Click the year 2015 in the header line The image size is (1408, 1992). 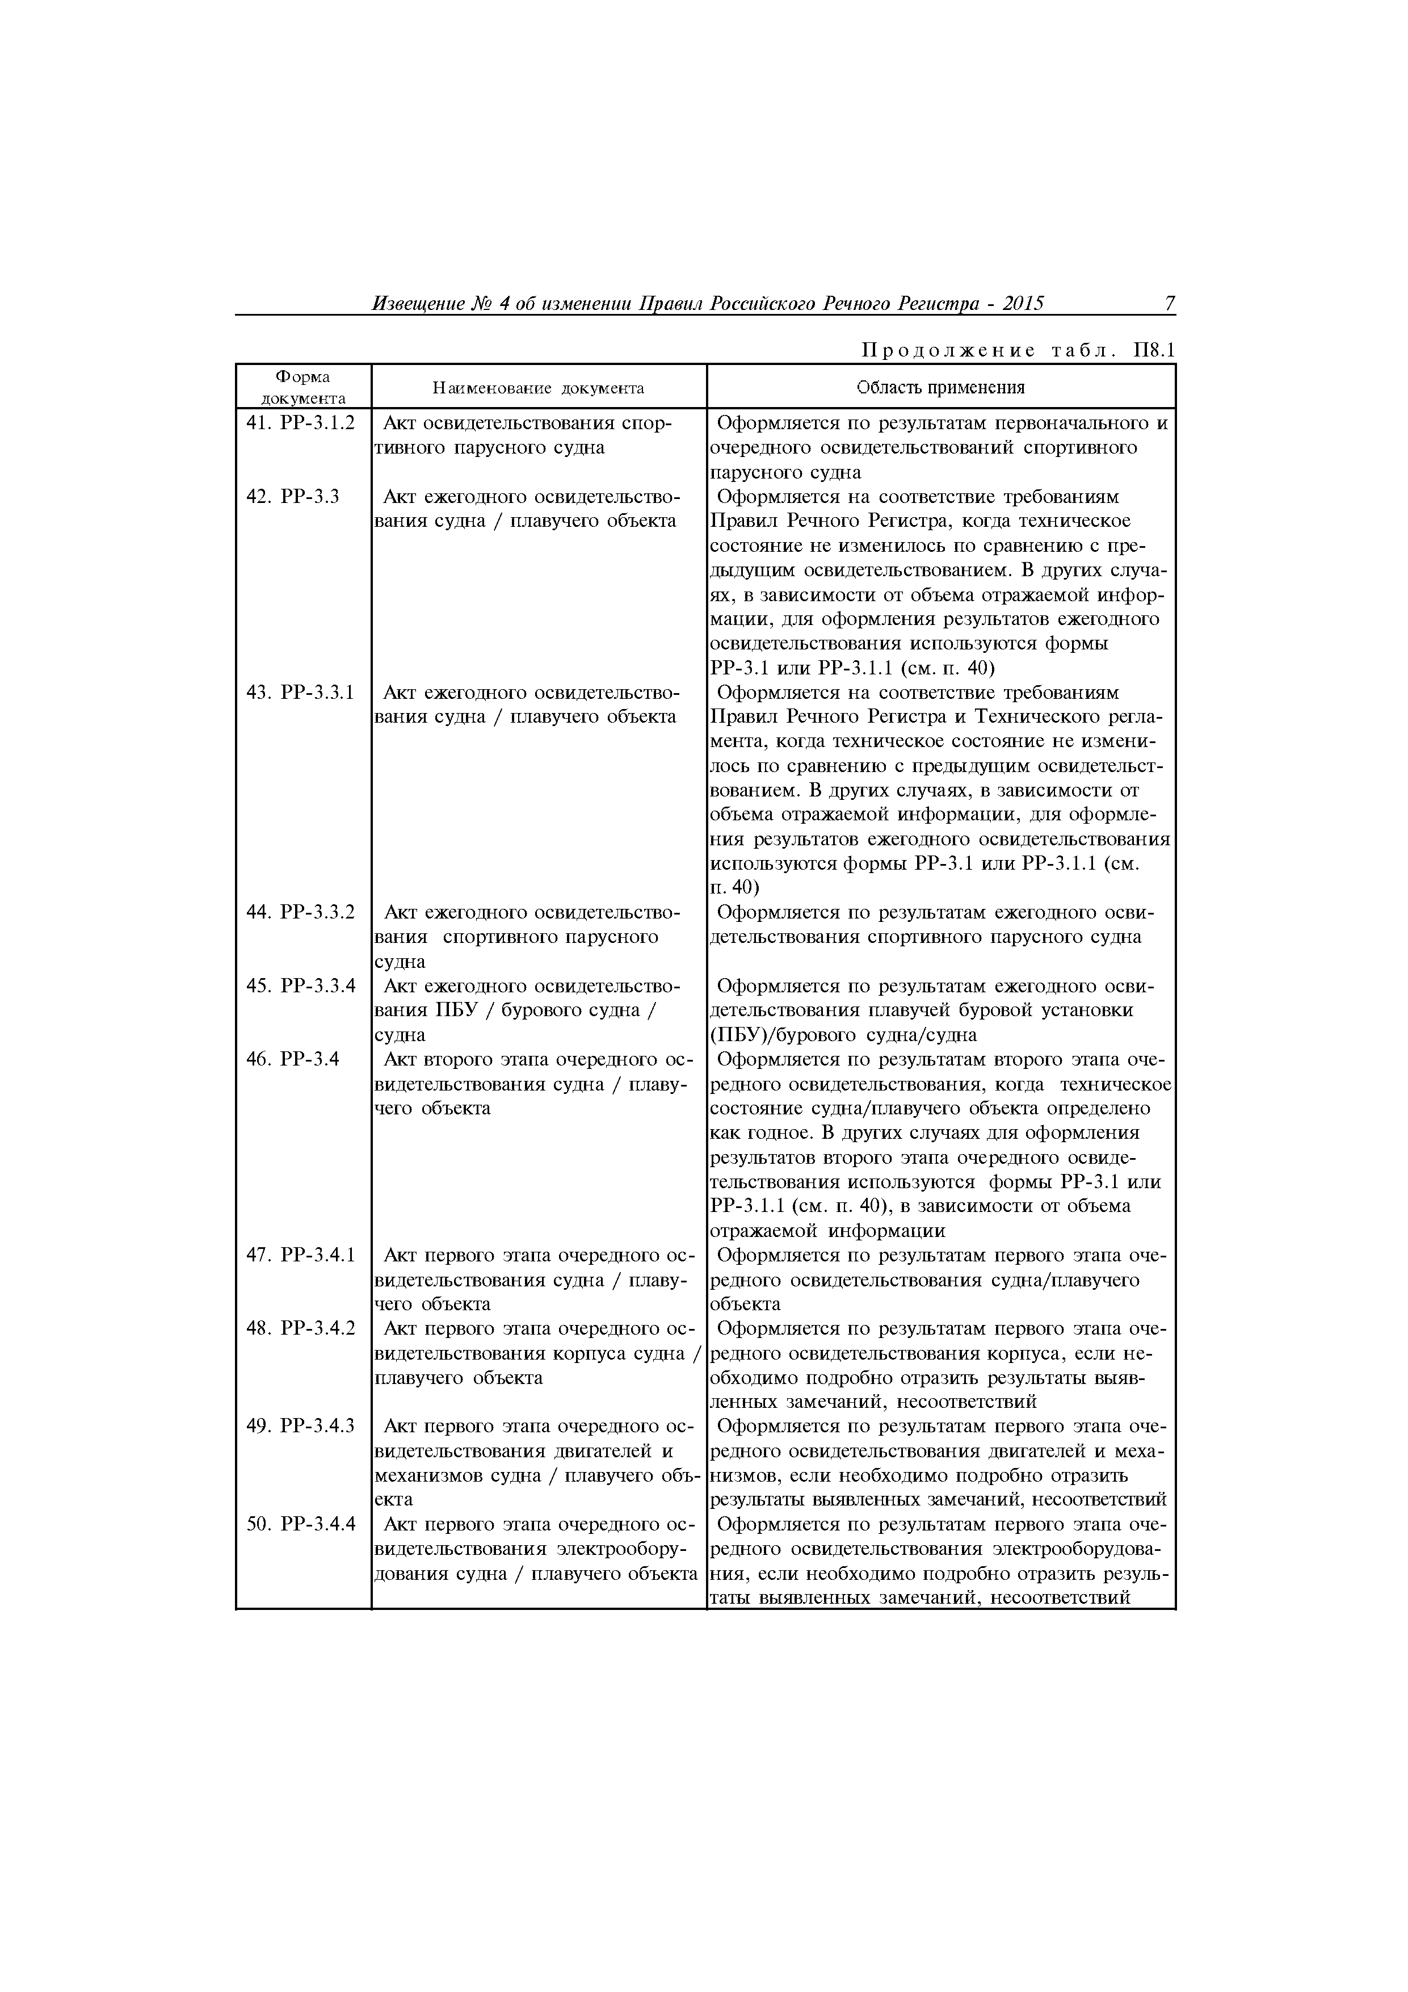click(x=1023, y=304)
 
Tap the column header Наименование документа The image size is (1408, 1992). click(x=538, y=388)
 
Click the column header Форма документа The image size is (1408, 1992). click(x=302, y=387)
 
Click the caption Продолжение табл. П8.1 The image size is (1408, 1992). click(x=1017, y=351)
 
